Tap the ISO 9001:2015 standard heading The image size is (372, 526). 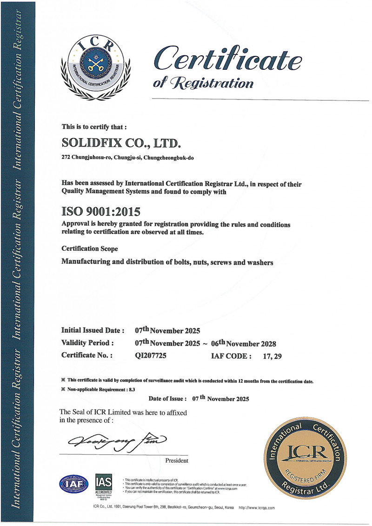100,213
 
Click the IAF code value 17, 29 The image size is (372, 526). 272,356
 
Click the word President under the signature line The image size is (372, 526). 177,460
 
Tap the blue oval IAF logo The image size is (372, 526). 73,484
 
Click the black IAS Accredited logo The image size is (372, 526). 103,485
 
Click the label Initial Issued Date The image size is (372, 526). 93,331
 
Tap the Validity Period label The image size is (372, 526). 88,344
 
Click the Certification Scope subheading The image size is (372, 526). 90,249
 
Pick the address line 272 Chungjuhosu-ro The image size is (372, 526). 127,158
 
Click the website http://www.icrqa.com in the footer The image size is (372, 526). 257,508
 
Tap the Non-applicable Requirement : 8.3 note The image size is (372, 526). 98,389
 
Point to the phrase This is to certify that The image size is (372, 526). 94,126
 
